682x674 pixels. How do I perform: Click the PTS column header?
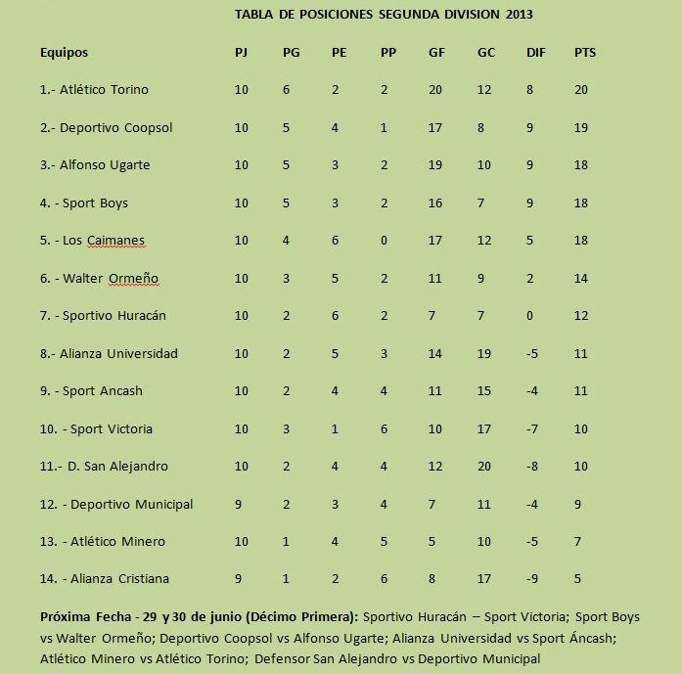coord(584,53)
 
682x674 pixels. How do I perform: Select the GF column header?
coord(436,53)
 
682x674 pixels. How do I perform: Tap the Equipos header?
coord(64,53)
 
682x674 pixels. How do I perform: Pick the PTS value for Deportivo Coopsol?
coord(581,128)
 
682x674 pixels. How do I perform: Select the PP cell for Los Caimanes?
coord(385,241)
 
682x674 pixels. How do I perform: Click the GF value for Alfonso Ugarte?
coord(435,165)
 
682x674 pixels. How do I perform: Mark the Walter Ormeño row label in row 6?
coord(111,279)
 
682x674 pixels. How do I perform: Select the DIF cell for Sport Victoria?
coord(532,429)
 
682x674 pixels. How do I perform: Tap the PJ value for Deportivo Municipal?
coord(241,505)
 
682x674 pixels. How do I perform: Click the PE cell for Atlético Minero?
coord(336,542)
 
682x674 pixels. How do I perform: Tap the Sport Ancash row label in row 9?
coord(103,391)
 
